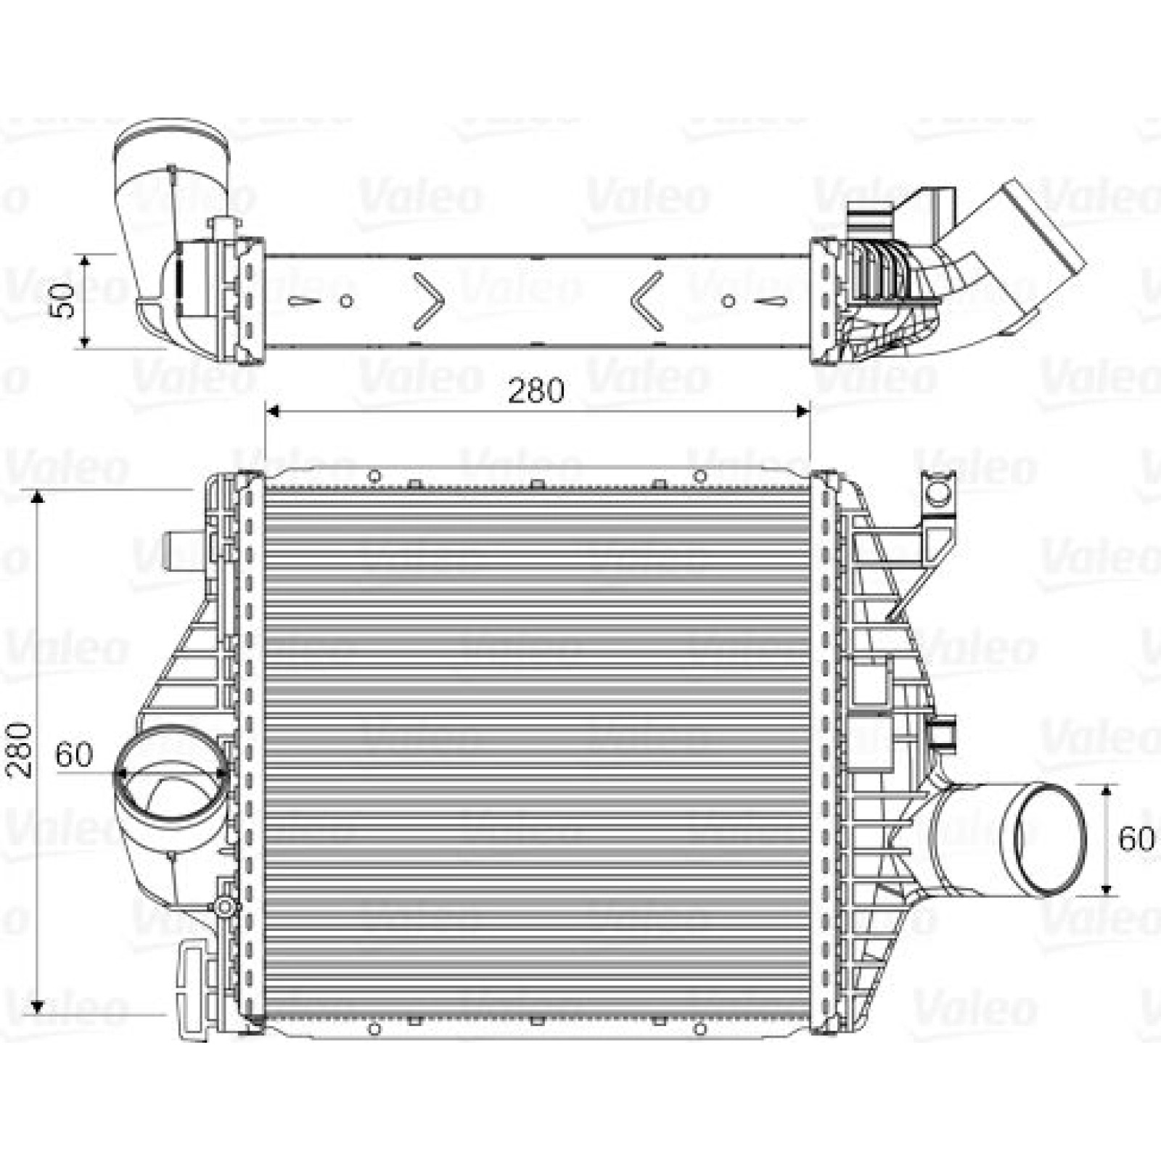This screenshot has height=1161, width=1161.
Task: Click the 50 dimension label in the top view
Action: [x=65, y=300]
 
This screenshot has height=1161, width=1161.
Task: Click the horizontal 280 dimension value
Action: [x=536, y=391]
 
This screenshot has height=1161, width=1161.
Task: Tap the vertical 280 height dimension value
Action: [x=20, y=750]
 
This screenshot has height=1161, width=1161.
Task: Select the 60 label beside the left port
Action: [x=74, y=755]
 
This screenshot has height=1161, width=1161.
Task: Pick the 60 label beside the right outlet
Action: [x=1136, y=839]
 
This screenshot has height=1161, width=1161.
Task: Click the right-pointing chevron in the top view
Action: [x=429, y=300]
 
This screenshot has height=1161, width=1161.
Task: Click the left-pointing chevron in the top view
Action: [x=647, y=300]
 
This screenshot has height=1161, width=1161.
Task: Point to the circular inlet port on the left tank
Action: [x=173, y=774]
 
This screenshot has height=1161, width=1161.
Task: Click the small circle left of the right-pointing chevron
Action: [x=347, y=300]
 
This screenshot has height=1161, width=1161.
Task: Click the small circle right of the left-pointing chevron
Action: [x=729, y=300]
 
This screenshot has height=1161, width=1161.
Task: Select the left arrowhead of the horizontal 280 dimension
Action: [x=273, y=411]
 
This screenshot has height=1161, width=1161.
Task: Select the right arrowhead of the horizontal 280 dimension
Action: [x=803, y=411]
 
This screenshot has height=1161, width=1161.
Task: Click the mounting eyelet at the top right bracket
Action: [x=939, y=493]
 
